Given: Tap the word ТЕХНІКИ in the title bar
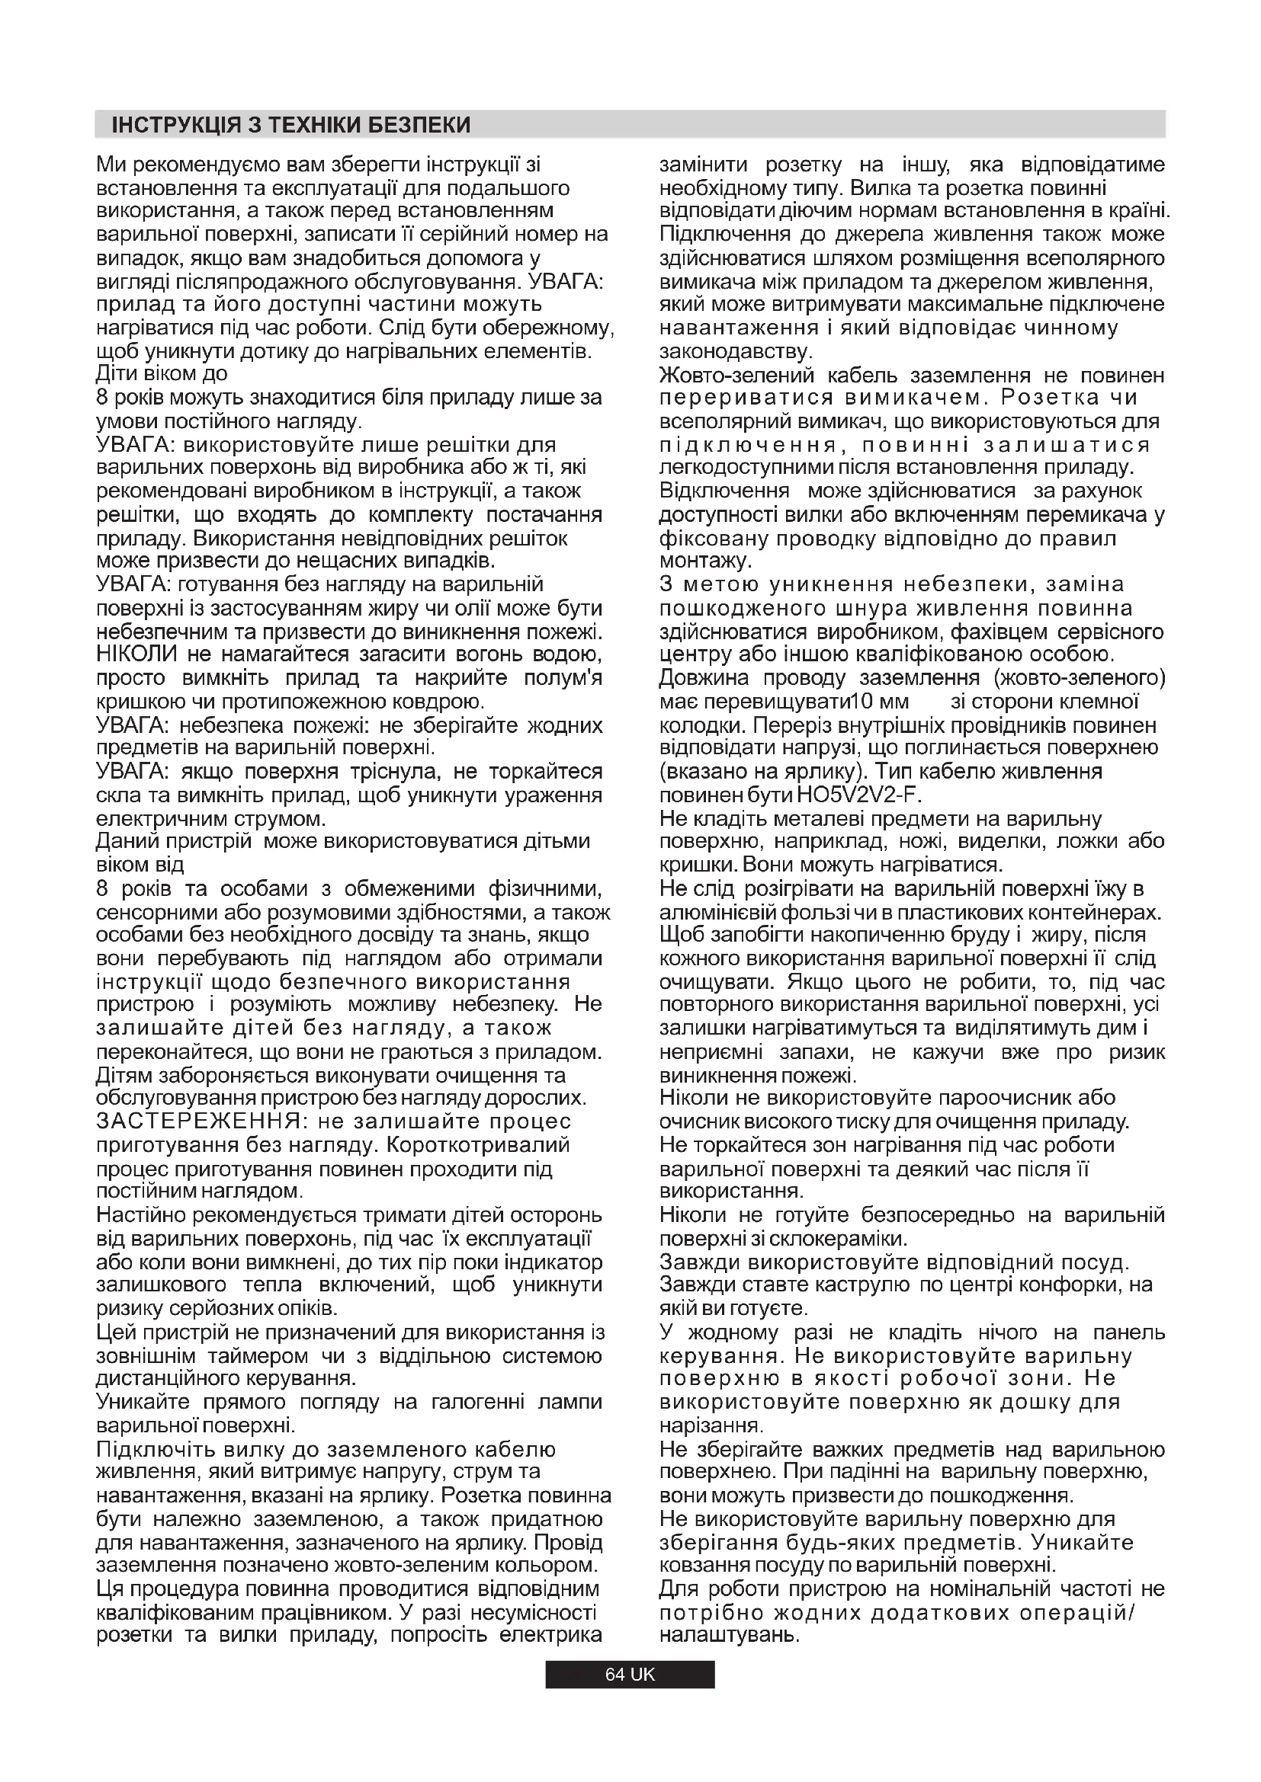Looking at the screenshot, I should [x=316, y=126].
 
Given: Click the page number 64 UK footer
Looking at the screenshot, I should [x=630, y=1674].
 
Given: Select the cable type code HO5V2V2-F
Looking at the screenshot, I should [x=859, y=795].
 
